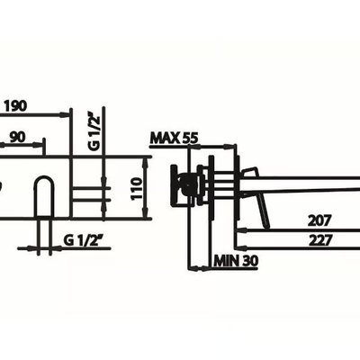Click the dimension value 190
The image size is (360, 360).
click(x=15, y=106)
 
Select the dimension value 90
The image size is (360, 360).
click(x=18, y=138)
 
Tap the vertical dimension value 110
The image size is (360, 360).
click(x=137, y=189)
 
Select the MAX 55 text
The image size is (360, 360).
click(x=175, y=139)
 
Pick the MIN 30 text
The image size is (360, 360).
click(x=236, y=261)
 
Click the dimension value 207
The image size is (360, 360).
click(x=320, y=220)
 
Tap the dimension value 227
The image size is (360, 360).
click(x=320, y=240)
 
